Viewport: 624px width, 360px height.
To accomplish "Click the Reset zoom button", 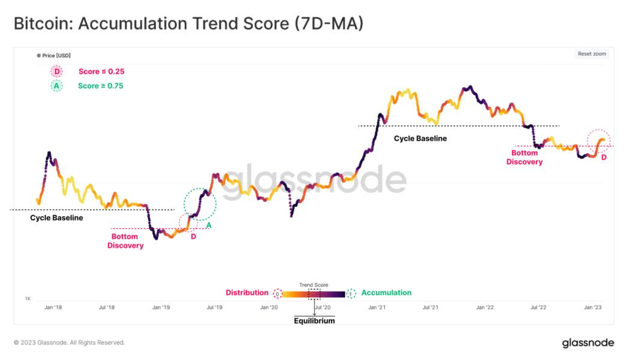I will pos(592,54).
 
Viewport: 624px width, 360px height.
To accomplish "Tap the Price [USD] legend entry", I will pos(54,56).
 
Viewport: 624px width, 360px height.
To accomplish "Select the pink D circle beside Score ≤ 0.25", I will pos(57,71).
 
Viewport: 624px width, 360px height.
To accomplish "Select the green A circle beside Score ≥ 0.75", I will pos(57,86).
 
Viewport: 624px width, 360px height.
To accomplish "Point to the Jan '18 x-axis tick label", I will pos(53,307).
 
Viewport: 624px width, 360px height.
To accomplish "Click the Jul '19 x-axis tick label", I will pos(214,307).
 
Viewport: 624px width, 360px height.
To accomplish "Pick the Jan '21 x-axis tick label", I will pos(376,307).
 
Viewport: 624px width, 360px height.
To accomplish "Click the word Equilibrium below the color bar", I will pos(314,320).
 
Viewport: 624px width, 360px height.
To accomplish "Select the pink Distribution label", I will pos(247,293).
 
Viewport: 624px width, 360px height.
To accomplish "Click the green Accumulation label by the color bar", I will pos(387,293).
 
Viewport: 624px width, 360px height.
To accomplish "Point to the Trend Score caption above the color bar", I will pos(313,285).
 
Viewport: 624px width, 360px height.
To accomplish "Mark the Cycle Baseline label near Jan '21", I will pos(420,139).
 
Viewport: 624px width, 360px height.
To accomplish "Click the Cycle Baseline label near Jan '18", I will pos(56,218).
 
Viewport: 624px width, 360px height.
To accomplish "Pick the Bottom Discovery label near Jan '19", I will pos(125,241).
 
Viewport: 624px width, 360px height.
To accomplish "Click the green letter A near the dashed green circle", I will pos(209,226).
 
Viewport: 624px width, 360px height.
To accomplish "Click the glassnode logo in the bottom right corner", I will pos(587,343).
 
